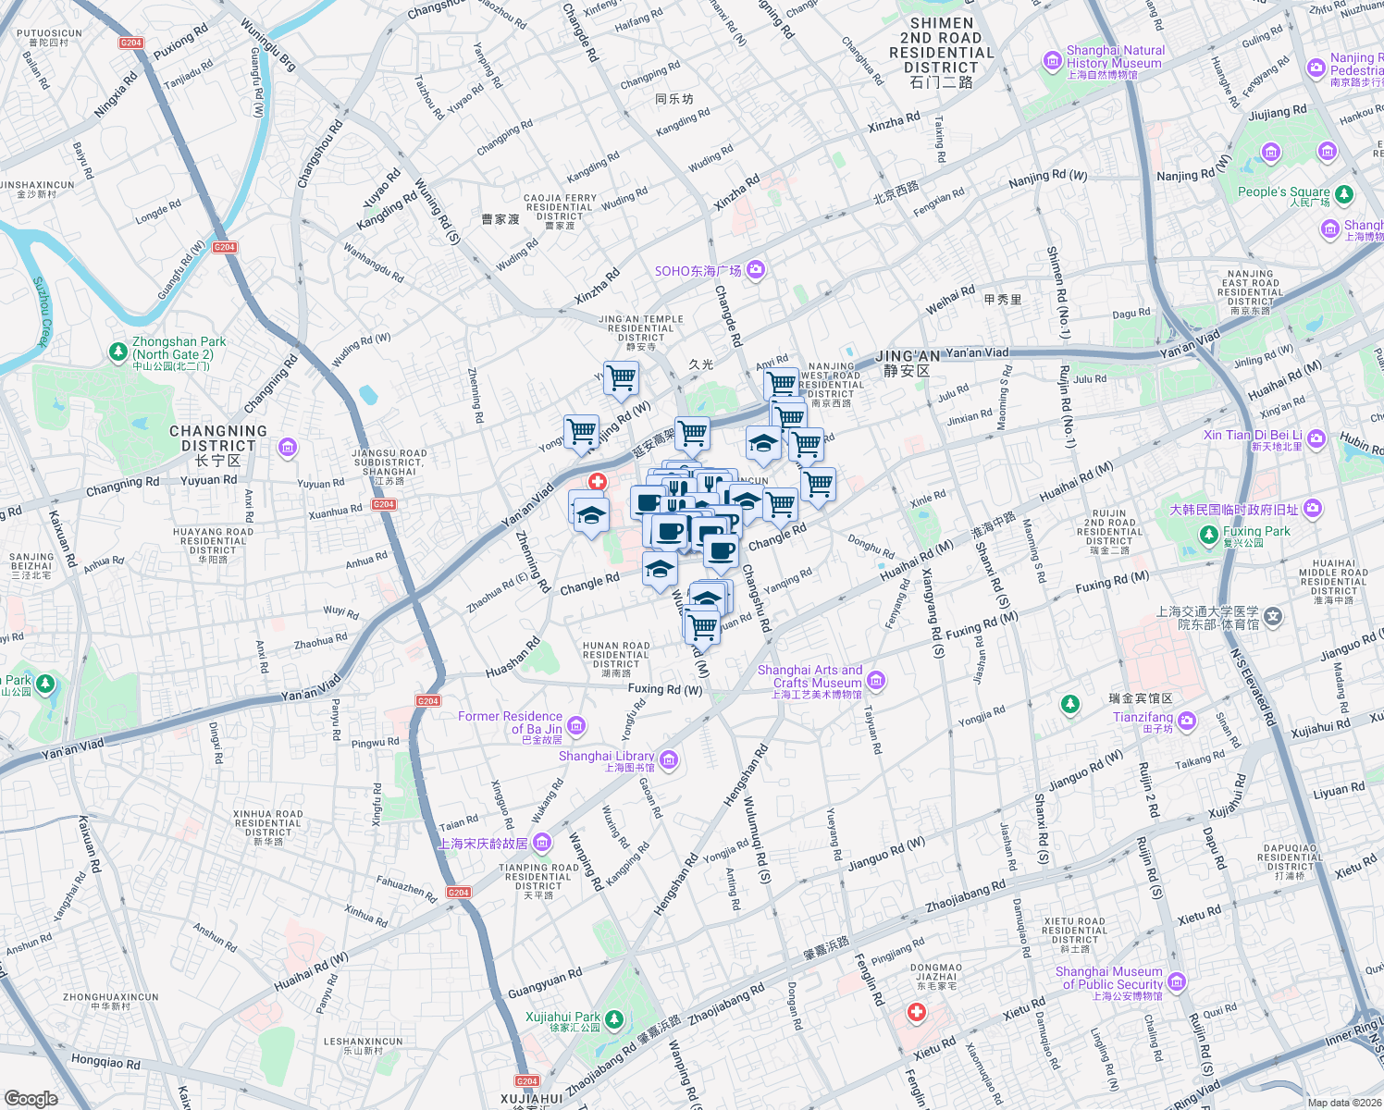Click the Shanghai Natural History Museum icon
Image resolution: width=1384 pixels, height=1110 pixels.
[x=1052, y=62]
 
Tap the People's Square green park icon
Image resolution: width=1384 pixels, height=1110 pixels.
[x=1344, y=194]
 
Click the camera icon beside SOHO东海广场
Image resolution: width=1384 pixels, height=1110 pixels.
[x=756, y=270]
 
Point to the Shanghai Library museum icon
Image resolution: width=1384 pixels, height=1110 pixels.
[x=669, y=760]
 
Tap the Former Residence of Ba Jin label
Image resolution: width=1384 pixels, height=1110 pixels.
[x=510, y=722]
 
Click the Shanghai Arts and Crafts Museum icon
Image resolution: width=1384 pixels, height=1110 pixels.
[x=876, y=681]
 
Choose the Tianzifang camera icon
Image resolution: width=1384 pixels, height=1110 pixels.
[x=1187, y=721]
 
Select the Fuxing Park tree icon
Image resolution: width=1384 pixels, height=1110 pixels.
[x=1208, y=535]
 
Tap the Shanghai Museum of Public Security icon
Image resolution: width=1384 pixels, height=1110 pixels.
[x=1177, y=981]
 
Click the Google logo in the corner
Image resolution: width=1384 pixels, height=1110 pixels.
[x=31, y=1098]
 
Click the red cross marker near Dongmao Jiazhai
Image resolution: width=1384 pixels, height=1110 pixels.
[x=917, y=1013]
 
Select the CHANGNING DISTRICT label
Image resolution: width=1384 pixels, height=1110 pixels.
[x=217, y=438]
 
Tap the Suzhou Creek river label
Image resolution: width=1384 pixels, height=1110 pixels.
[x=41, y=312]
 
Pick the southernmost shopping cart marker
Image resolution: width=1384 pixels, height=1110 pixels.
[x=703, y=626]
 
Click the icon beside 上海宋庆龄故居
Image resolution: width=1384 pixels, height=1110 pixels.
[x=542, y=843]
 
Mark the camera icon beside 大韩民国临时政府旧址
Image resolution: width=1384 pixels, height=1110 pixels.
[x=1313, y=509]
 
